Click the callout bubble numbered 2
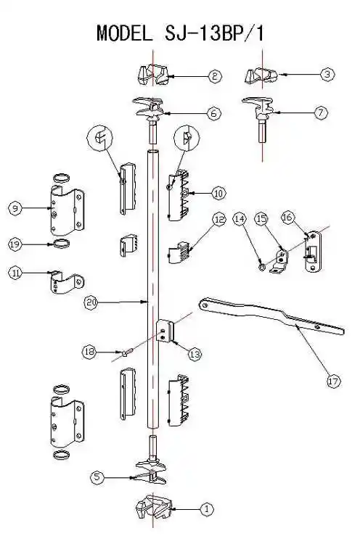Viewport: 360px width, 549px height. [215, 76]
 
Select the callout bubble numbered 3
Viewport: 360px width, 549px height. [327, 74]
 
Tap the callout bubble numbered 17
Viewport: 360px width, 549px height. [333, 381]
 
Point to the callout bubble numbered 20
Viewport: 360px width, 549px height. [91, 302]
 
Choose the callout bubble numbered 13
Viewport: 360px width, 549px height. [195, 355]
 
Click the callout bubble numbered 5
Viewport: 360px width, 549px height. [97, 477]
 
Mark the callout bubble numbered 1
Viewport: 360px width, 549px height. [206, 508]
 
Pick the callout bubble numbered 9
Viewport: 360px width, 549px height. [15, 209]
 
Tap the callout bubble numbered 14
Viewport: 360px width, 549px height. [240, 219]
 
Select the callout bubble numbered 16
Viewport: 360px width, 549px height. [287, 218]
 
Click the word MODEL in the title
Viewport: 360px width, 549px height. [125, 33]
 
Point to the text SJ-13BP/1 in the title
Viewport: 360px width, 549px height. [214, 33]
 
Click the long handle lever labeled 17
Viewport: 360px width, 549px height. [271, 315]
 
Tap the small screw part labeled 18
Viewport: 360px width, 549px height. [126, 352]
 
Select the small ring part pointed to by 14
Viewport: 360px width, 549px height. [261, 268]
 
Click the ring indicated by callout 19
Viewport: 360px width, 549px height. [62, 244]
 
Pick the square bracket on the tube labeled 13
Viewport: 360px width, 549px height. [165, 331]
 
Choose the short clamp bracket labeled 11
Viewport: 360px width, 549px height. [67, 282]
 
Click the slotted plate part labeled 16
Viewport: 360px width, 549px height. [312, 252]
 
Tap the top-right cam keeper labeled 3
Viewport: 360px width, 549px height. [261, 76]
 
